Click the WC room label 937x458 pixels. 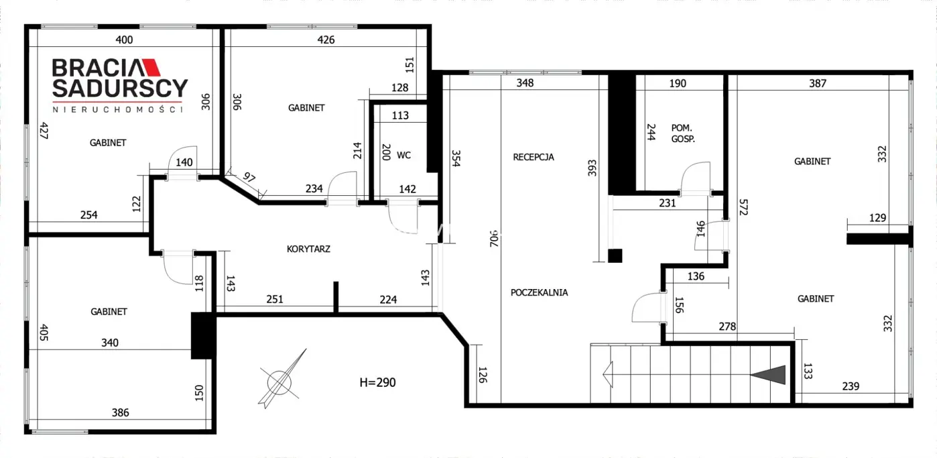(x=403, y=156)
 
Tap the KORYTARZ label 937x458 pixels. (x=309, y=249)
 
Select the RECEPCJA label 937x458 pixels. (x=534, y=157)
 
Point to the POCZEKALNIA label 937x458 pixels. (x=539, y=292)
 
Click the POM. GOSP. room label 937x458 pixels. (x=683, y=133)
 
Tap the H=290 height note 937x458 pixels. (x=378, y=382)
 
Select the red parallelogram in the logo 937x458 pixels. (x=152, y=68)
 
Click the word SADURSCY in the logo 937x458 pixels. (x=120, y=88)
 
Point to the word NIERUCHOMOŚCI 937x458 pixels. (x=117, y=109)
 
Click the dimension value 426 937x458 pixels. (x=326, y=40)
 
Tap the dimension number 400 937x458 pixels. (x=124, y=40)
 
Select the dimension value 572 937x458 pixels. (x=743, y=207)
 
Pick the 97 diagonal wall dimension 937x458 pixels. (x=249, y=177)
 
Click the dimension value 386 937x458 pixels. (x=120, y=413)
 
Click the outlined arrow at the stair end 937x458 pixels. (x=608, y=374)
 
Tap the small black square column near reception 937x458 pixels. (x=615, y=255)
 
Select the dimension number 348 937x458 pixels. (x=525, y=83)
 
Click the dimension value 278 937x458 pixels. (x=727, y=327)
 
